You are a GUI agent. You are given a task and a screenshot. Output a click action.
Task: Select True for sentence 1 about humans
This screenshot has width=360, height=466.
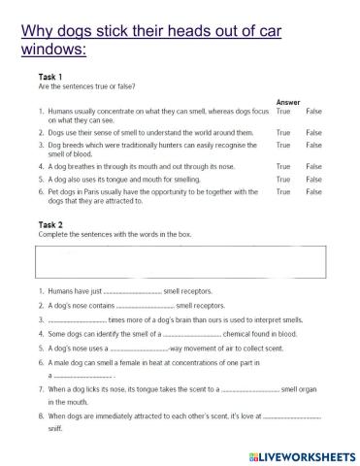(x=283, y=111)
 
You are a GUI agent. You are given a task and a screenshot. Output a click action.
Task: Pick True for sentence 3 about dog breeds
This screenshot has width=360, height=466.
(x=283, y=145)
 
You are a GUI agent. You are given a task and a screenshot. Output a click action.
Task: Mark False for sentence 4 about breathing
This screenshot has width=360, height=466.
(x=313, y=166)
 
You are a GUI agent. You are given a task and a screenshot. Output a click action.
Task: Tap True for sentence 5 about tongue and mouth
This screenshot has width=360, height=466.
(x=283, y=180)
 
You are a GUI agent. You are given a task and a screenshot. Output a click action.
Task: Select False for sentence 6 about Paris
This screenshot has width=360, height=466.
(x=313, y=192)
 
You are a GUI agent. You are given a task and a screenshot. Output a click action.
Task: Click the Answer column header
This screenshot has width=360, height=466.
(x=288, y=101)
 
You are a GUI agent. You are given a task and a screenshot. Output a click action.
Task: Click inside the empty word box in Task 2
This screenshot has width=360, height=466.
(x=180, y=262)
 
